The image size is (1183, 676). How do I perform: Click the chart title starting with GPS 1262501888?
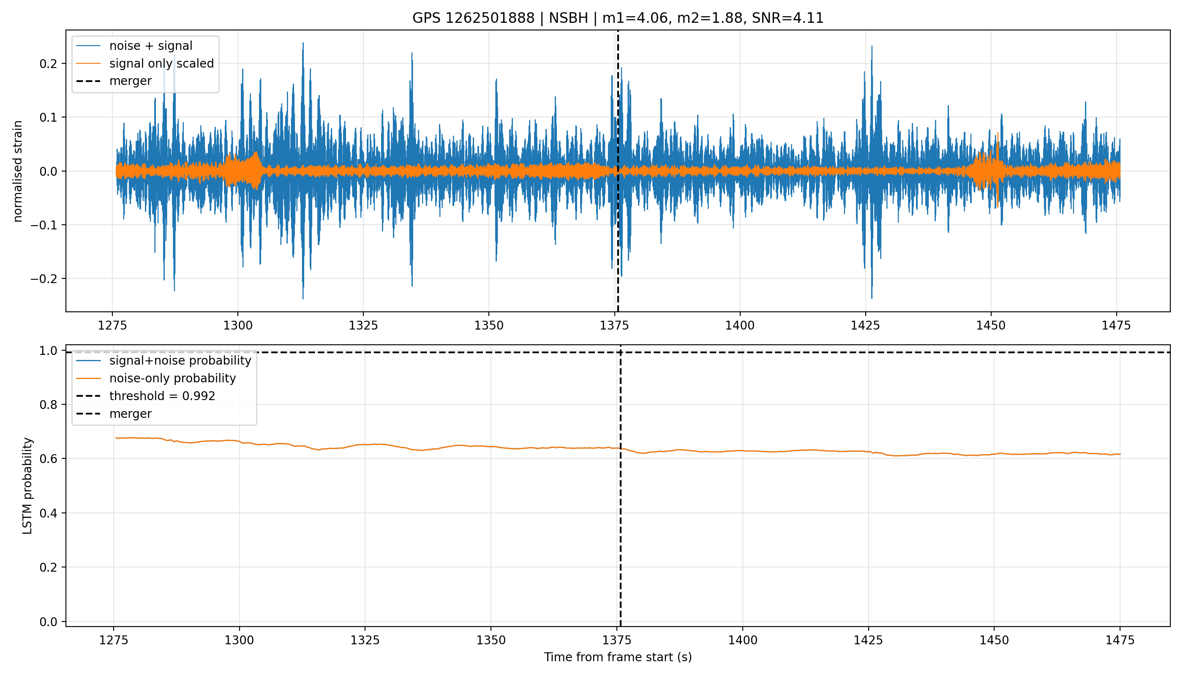coord(618,18)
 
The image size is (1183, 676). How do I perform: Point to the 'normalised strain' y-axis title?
coord(18,171)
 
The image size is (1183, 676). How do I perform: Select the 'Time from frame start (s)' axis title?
coord(618,657)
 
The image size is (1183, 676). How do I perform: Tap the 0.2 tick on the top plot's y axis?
coord(48,64)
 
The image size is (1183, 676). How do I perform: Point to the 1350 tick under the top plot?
coord(489,325)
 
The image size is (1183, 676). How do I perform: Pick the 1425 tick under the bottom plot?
coord(868,640)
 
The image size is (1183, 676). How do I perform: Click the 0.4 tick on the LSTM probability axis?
coord(48,513)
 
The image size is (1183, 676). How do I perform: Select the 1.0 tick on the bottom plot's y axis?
coord(48,351)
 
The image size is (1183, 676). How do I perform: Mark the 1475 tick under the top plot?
coord(1117,325)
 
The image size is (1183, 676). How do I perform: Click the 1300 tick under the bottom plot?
coord(240,640)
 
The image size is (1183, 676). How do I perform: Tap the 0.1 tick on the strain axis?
coord(48,117)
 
